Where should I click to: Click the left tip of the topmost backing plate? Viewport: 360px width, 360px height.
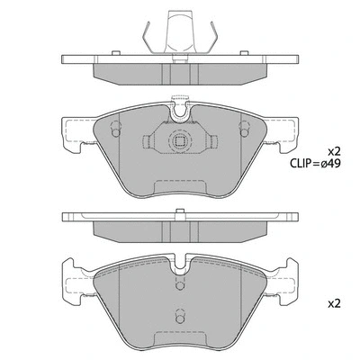(x=63, y=60)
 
